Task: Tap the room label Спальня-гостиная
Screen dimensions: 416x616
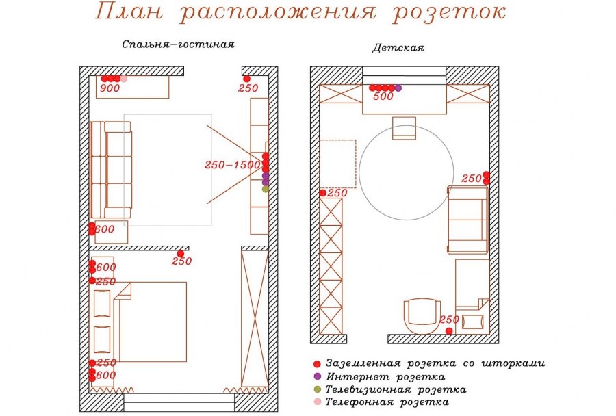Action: coord(178,45)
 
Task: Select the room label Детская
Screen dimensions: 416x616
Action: coord(398,49)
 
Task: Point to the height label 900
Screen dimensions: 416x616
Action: coord(110,88)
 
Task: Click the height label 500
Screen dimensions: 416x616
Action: coord(383,97)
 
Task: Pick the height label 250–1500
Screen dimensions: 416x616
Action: coord(232,165)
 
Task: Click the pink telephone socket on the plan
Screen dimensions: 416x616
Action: coord(124,79)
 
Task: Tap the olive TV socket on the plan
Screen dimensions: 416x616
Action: coord(266,189)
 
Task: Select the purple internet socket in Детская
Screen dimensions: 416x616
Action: coord(398,88)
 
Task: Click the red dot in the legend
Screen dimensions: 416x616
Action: coord(316,363)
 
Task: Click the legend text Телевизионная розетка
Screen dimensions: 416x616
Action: coord(396,390)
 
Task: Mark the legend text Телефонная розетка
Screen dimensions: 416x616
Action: coord(387,403)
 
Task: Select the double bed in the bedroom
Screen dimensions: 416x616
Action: coord(154,322)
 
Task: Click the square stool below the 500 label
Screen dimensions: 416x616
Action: coord(404,128)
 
